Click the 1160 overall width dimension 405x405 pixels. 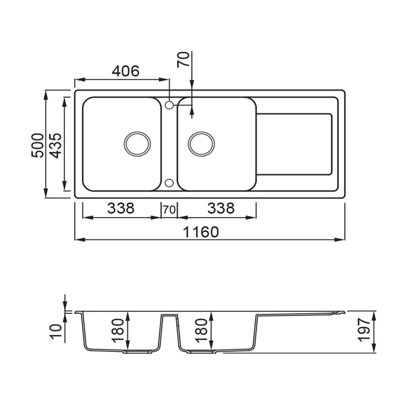(201, 232)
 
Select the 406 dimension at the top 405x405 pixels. (126, 71)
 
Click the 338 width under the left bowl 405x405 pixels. (121, 208)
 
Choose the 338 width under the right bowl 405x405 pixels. (221, 208)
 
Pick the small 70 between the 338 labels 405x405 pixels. (169, 210)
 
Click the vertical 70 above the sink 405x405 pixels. (183, 60)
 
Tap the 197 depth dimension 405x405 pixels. (364, 330)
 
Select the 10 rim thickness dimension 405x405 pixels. (56, 331)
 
